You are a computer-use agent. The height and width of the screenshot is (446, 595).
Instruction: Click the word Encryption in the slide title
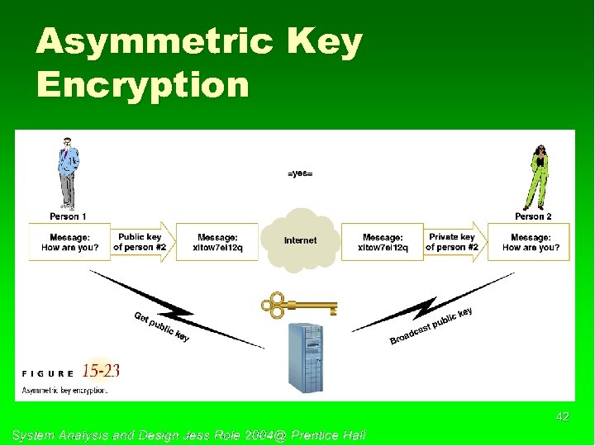[x=142, y=84]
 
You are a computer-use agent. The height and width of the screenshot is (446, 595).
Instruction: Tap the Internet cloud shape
[x=300, y=240]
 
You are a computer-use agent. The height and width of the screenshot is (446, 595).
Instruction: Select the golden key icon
[x=298, y=306]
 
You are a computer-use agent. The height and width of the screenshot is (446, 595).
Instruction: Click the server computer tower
[x=304, y=355]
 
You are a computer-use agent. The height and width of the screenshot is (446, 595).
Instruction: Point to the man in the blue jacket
[x=68, y=173]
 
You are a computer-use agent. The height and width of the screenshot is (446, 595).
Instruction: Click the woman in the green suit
[x=538, y=176]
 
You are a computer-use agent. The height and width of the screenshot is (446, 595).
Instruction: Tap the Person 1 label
[x=68, y=216]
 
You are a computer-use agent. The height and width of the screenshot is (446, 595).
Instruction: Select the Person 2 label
[x=533, y=216]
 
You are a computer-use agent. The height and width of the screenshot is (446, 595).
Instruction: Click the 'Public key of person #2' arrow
[x=142, y=242]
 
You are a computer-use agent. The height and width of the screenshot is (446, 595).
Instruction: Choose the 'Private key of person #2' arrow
[x=453, y=242]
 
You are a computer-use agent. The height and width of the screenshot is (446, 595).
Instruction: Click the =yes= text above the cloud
[x=300, y=173]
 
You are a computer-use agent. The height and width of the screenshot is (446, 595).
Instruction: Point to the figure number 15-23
[x=101, y=370]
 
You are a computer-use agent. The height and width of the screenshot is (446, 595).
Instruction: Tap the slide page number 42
[x=562, y=417]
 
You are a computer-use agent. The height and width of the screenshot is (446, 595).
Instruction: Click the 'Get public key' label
[x=162, y=326]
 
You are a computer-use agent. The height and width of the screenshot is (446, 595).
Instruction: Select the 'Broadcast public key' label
[x=431, y=326]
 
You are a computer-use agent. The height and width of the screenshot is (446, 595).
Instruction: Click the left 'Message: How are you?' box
[x=69, y=242]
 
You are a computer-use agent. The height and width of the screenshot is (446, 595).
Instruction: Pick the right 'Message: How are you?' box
[x=530, y=242]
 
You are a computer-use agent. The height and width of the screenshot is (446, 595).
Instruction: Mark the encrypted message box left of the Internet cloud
[x=217, y=242]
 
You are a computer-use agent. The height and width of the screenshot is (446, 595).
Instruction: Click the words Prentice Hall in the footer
[x=328, y=434]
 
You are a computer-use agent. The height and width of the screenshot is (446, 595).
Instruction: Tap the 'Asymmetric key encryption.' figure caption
[x=64, y=390]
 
